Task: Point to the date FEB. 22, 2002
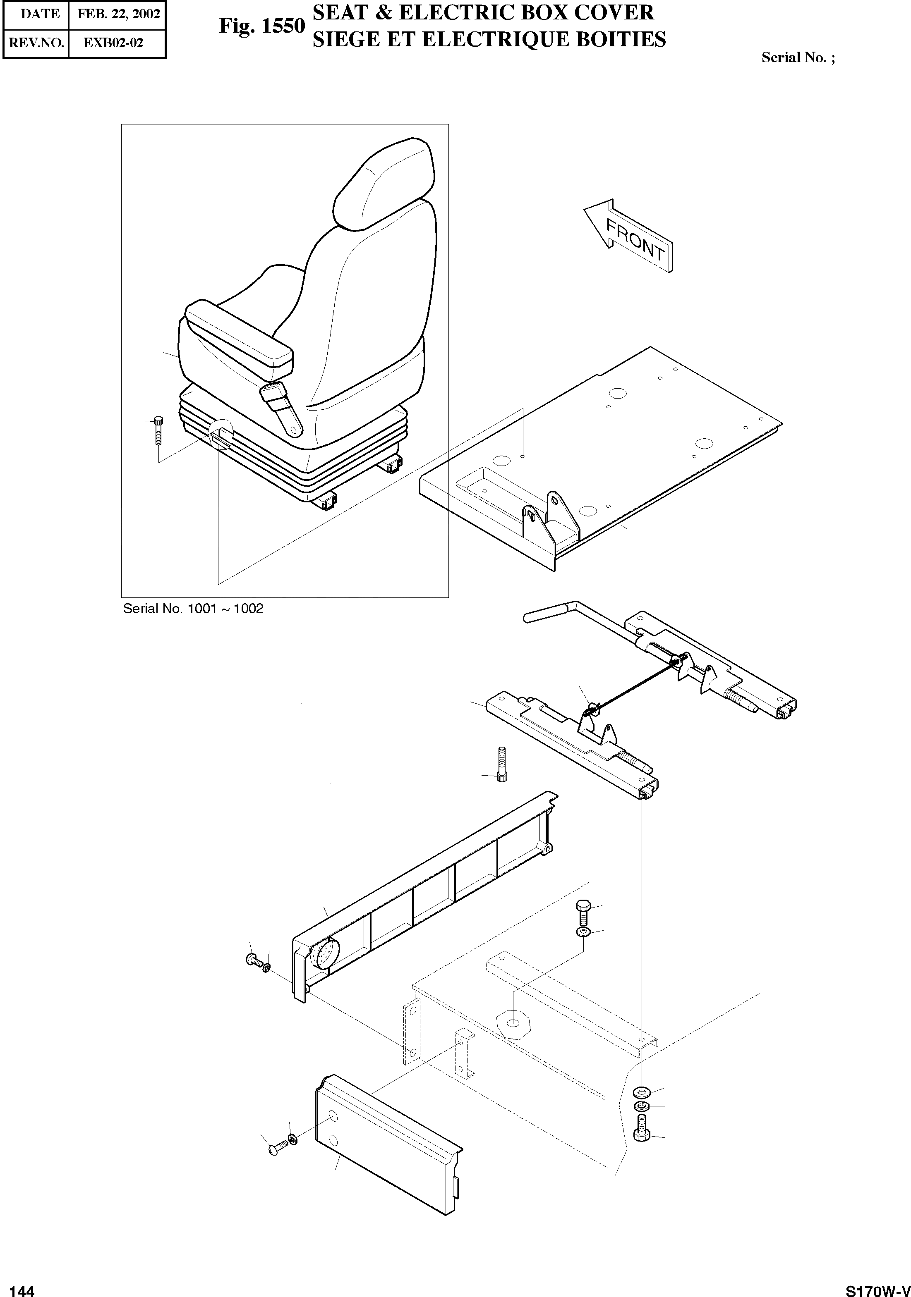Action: click(118, 14)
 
